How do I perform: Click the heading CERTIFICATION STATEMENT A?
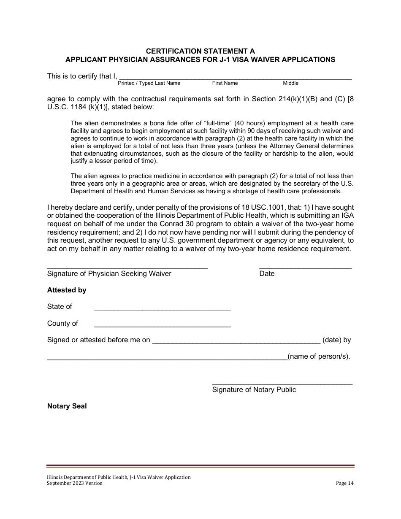[x=200, y=51]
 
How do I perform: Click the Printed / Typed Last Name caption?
[x=149, y=83]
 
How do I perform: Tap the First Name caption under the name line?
[x=225, y=83]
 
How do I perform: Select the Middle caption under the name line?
[x=290, y=83]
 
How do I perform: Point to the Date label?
[x=267, y=274]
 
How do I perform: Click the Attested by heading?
[x=67, y=290]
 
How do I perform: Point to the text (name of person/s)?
[x=319, y=357]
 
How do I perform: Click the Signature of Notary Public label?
[x=254, y=390]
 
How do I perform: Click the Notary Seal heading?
[x=67, y=406]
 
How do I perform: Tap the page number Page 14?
[x=344, y=484]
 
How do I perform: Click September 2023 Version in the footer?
[x=75, y=484]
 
